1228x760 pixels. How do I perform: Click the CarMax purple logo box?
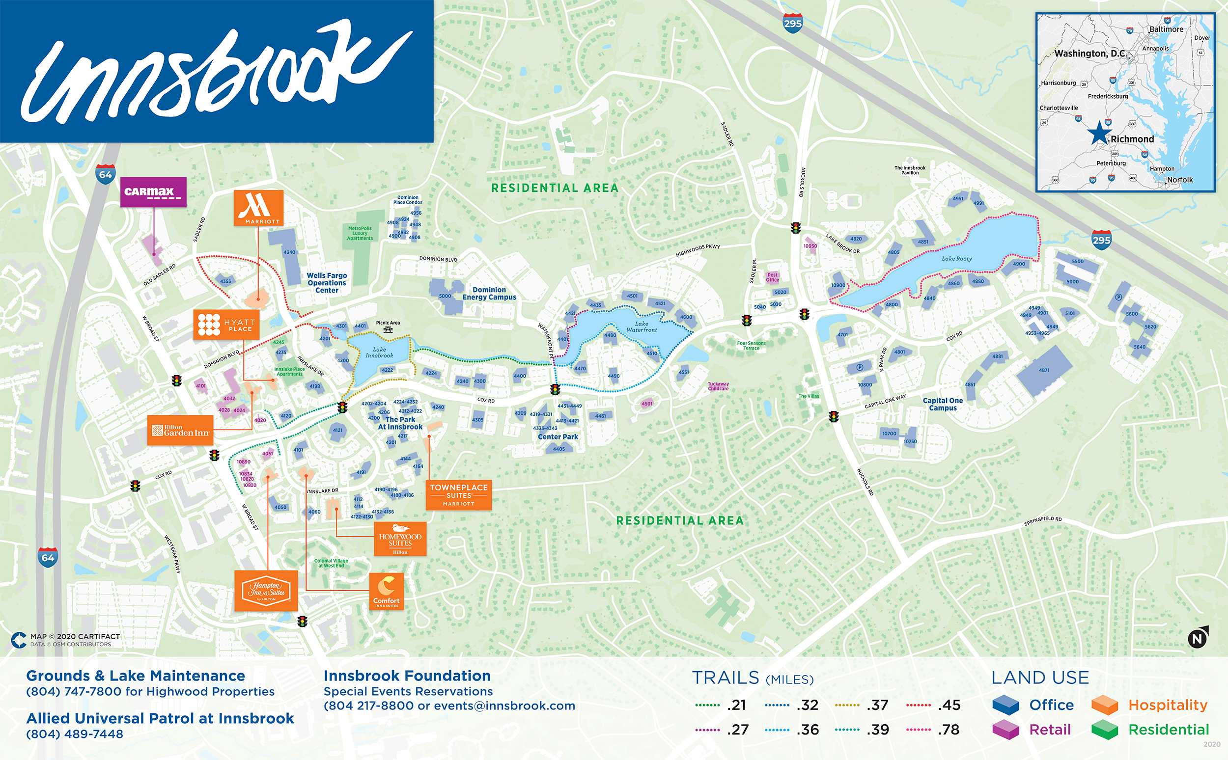point(153,191)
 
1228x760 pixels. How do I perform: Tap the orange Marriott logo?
point(258,208)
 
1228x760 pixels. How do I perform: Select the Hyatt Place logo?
point(226,324)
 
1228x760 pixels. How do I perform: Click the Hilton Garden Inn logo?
point(180,430)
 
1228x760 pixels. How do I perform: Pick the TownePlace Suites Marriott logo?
point(458,495)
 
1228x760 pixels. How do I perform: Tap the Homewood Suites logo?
point(400,539)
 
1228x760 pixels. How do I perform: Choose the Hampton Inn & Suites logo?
point(266,591)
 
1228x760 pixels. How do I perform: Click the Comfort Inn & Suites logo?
point(386,591)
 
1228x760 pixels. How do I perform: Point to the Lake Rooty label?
point(956,258)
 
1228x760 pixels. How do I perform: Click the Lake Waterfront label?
point(641,326)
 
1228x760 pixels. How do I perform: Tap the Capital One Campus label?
point(943,404)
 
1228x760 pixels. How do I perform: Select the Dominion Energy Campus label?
point(489,294)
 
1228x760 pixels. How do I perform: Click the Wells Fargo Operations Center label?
point(326,282)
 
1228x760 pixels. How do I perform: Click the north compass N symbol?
point(1198,638)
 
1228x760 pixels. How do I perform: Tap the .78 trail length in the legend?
point(949,730)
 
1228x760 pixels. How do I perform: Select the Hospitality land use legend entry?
point(1167,705)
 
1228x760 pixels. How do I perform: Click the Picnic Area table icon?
point(388,330)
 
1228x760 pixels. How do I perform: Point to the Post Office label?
point(772,277)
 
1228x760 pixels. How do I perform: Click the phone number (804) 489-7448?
point(75,734)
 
